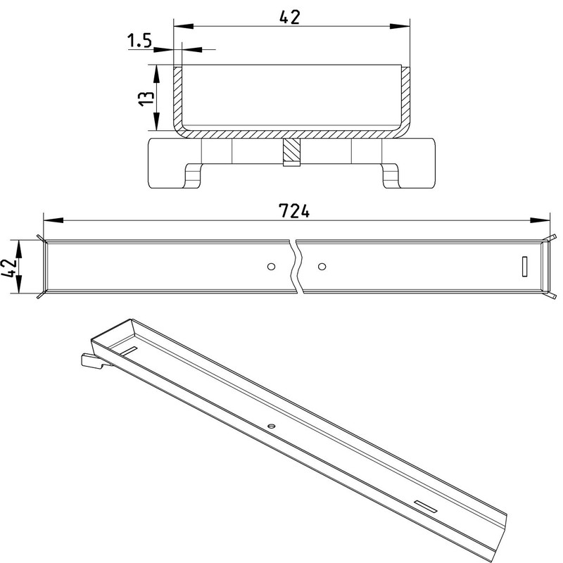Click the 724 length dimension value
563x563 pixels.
point(294,210)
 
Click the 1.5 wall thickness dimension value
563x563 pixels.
point(139,41)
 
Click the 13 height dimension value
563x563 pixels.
point(146,98)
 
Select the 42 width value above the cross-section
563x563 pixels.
point(289,17)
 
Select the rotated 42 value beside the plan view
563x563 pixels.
point(9,267)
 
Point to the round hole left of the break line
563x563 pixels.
point(272,267)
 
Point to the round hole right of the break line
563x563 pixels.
point(322,267)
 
